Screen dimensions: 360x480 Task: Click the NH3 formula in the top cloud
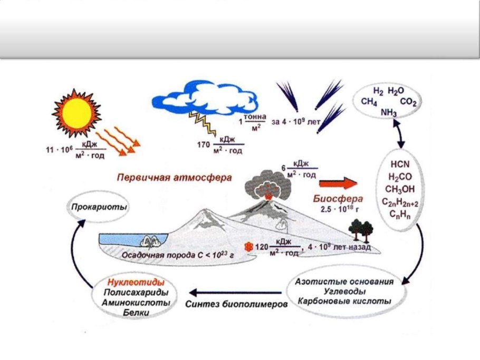pyautogui.click(x=389, y=113)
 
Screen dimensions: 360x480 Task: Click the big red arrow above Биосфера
pyautogui.click(x=338, y=183)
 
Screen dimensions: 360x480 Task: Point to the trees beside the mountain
pyautogui.click(x=361, y=230)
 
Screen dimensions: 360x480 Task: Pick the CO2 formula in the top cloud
pyautogui.click(x=408, y=102)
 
